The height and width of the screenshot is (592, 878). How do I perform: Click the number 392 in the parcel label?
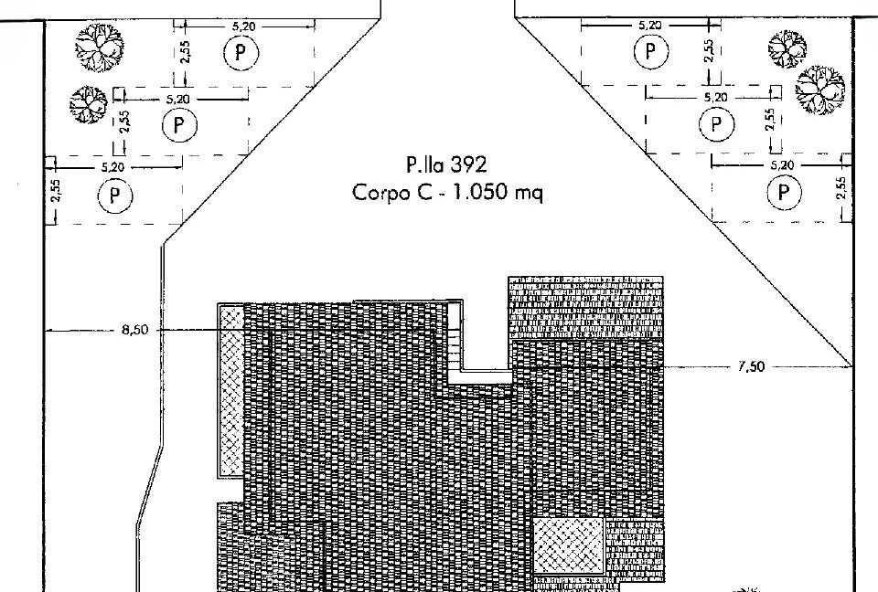click(468, 165)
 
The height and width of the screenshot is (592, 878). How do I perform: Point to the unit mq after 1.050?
click(529, 194)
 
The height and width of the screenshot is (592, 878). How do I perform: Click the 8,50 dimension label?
click(135, 330)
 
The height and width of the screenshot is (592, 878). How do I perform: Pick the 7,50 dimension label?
click(751, 366)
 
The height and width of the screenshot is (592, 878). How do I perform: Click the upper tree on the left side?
click(100, 48)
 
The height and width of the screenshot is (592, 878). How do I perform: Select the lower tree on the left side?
click(88, 105)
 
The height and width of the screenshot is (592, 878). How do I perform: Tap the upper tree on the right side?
click(787, 48)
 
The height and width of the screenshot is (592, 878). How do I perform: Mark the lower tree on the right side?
click(819, 90)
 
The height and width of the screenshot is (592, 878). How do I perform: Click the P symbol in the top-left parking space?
click(241, 53)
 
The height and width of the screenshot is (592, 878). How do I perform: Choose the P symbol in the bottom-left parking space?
click(115, 196)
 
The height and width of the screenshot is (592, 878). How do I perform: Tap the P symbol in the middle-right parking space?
click(716, 123)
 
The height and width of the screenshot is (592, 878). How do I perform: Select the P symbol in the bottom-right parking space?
click(783, 192)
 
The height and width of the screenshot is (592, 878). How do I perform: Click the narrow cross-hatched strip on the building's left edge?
click(230, 390)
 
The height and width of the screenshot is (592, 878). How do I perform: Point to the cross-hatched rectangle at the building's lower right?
click(568, 545)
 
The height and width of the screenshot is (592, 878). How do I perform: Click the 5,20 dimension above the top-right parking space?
click(649, 26)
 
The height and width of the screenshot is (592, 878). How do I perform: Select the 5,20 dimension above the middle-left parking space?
click(178, 99)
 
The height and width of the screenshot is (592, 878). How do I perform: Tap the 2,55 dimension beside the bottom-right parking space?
click(841, 188)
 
